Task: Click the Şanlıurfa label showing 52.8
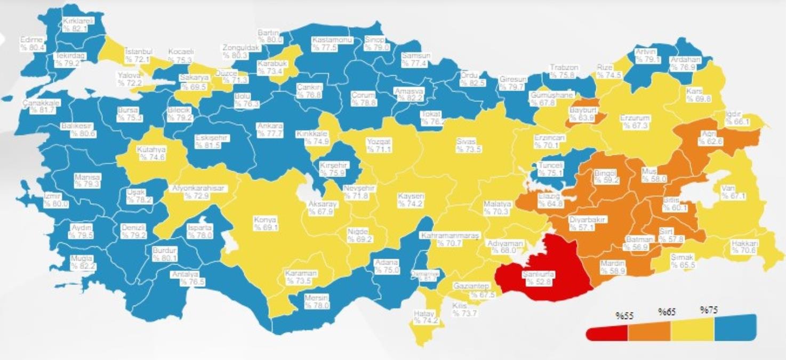539,278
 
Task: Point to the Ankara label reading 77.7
270,130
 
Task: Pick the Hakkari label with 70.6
745,246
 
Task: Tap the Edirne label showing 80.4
32,43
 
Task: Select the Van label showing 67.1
731,192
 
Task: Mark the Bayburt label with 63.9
584,114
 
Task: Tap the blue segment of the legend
735,327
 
